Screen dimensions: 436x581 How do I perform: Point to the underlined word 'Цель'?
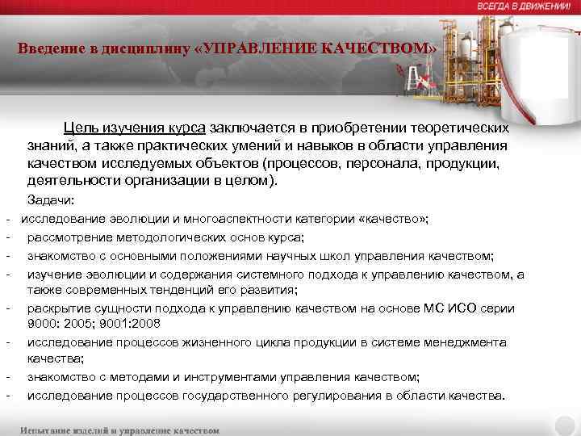pos(82,128)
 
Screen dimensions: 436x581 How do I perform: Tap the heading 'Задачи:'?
pos(51,199)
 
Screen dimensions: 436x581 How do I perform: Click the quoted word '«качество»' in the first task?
pos(395,219)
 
